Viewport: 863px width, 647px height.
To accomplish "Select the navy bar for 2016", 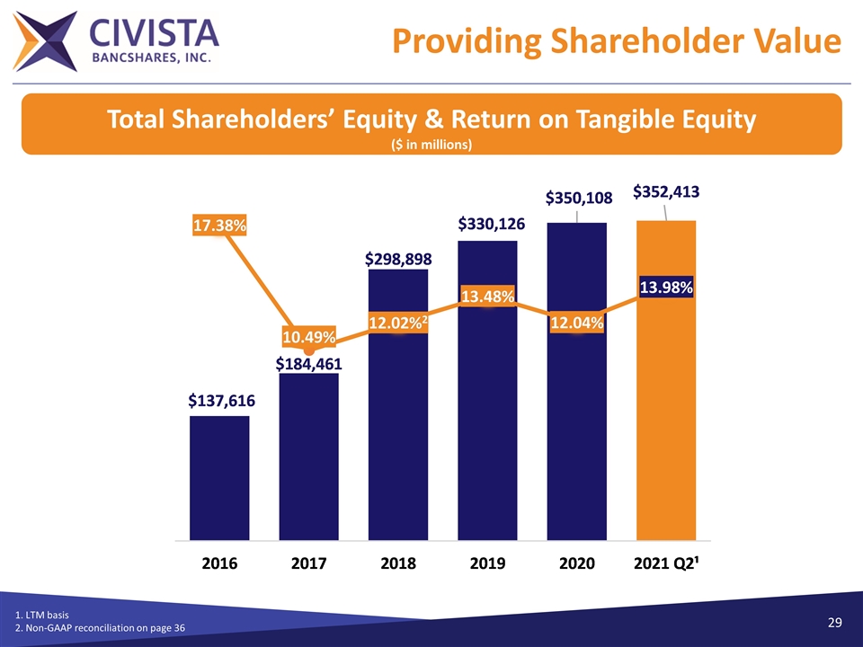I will point(219,476).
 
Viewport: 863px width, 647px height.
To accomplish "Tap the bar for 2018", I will point(398,431).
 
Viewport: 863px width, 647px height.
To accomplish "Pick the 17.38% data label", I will point(219,226).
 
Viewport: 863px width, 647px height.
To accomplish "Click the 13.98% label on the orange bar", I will point(666,288).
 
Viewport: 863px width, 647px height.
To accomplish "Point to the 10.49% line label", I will point(308,337).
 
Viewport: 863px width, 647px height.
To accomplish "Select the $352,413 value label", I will point(666,191).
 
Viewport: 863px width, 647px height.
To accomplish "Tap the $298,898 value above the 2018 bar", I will point(398,259).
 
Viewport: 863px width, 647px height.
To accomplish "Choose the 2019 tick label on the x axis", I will point(487,563).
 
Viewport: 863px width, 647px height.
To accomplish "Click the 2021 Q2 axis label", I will point(667,563).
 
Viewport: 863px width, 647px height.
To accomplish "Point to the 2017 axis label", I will point(308,563).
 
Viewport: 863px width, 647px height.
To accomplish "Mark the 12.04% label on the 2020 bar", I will point(576,322).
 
